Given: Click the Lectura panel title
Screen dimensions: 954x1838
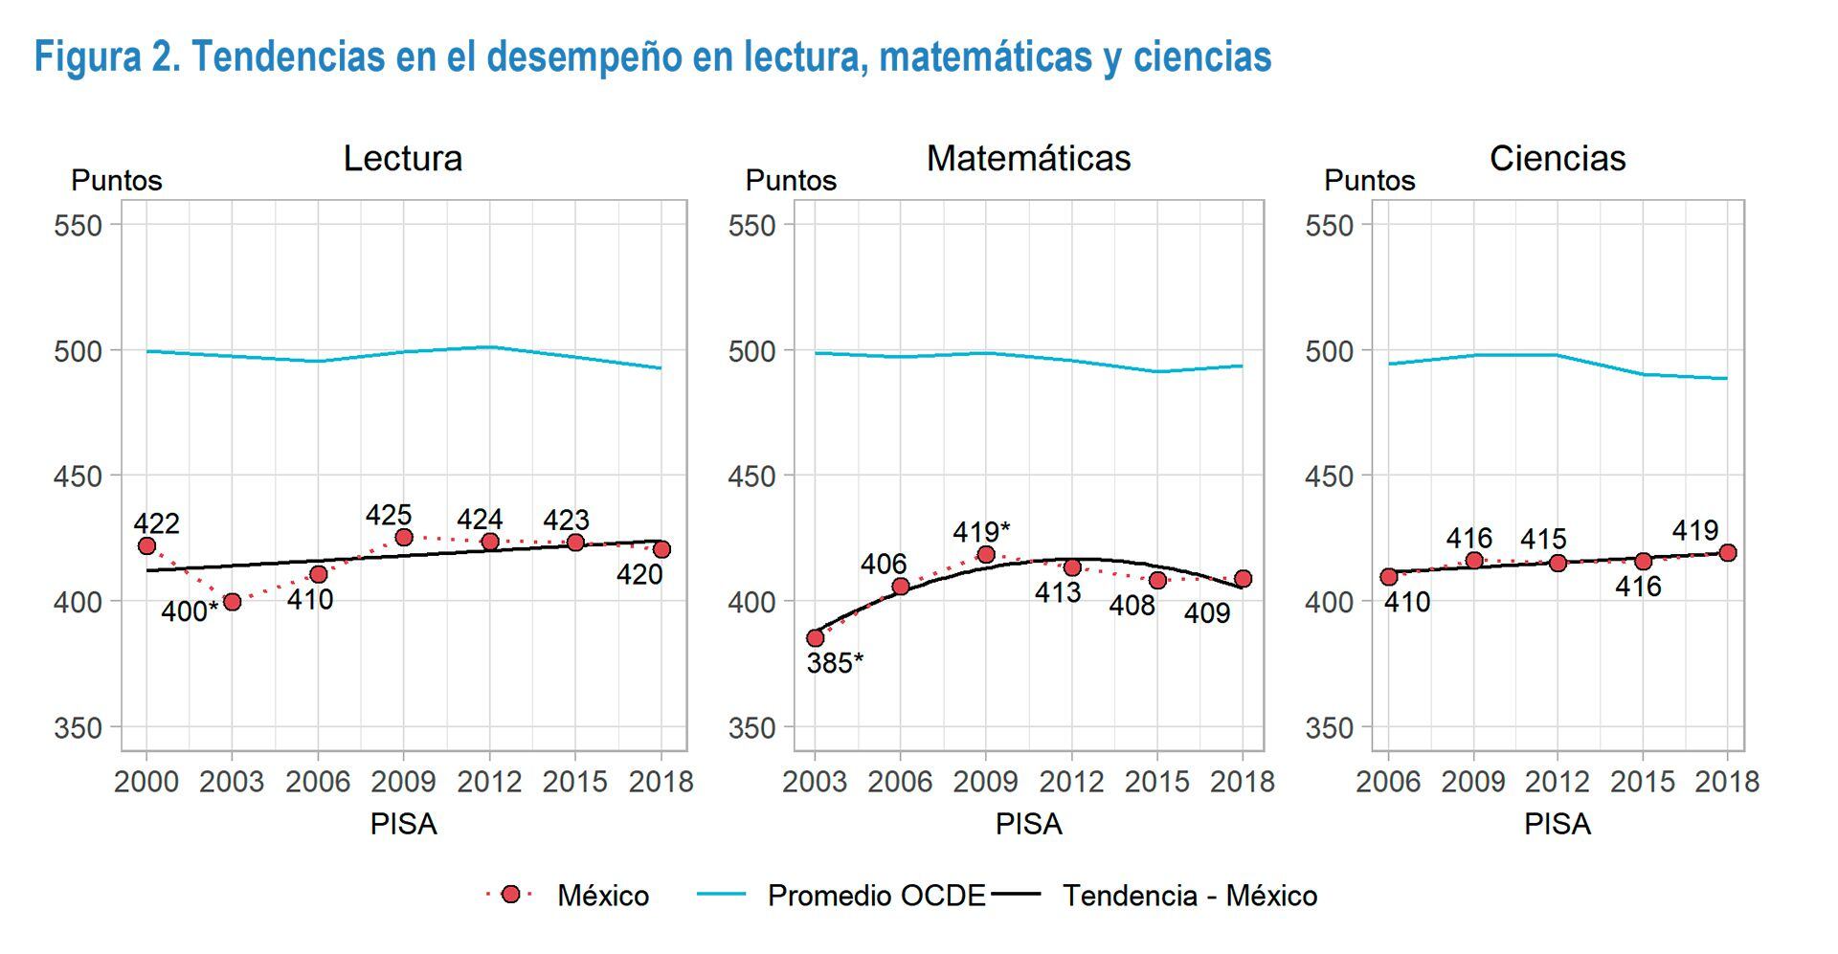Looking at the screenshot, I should point(402,158).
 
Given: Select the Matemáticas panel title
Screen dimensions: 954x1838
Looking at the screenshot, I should point(1028,158).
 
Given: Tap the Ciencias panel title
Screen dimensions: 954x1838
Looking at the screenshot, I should point(1557,158).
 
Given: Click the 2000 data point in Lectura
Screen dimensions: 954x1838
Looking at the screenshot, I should point(146,546).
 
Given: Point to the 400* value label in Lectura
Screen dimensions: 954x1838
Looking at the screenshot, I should point(189,611).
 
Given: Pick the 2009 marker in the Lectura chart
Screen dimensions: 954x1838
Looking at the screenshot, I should point(404,538).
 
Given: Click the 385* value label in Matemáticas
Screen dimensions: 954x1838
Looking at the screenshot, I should point(835,663).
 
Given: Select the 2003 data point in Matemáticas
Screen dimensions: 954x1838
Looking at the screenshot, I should point(815,638).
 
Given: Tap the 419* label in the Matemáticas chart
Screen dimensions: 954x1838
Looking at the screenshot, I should point(981,531).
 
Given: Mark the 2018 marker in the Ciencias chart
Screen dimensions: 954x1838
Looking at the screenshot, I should point(1728,553).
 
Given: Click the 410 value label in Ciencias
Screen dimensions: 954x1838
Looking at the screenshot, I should point(1406,602).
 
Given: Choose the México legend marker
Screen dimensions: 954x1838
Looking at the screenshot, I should point(510,895).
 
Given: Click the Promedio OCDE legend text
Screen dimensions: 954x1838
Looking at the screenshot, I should point(876,896).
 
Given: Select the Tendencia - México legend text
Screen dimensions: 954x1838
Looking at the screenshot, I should point(1190,896).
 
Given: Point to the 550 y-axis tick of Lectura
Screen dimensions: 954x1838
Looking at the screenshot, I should point(78,226).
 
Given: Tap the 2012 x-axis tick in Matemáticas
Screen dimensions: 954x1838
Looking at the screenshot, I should point(1071,782).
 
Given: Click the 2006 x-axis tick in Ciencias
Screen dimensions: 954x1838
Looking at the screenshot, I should point(1388,782).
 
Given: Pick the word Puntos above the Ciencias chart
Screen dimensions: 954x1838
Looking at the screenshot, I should point(1369,181).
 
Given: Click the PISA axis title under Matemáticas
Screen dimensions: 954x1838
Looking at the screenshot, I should point(1028,824).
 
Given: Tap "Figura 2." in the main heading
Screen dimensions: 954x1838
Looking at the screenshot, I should point(106,57).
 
